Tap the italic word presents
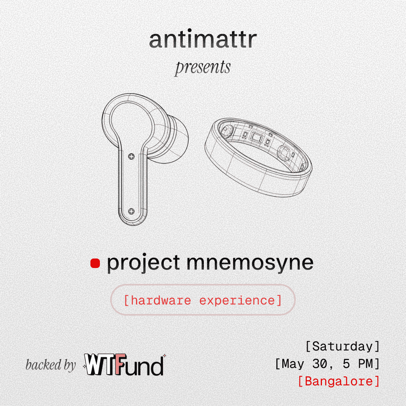(x=203, y=68)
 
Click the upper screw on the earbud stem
(x=132, y=156)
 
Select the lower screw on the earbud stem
(x=132, y=211)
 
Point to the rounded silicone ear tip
(x=174, y=140)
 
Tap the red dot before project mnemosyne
(x=95, y=263)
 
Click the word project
(x=144, y=263)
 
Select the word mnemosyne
(x=250, y=263)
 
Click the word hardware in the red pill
(x=161, y=301)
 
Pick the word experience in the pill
(x=237, y=301)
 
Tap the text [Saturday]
(x=343, y=346)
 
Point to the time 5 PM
(x=358, y=364)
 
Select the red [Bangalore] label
(x=339, y=381)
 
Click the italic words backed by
(x=51, y=365)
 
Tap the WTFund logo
(x=124, y=365)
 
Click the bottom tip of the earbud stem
(x=132, y=225)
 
